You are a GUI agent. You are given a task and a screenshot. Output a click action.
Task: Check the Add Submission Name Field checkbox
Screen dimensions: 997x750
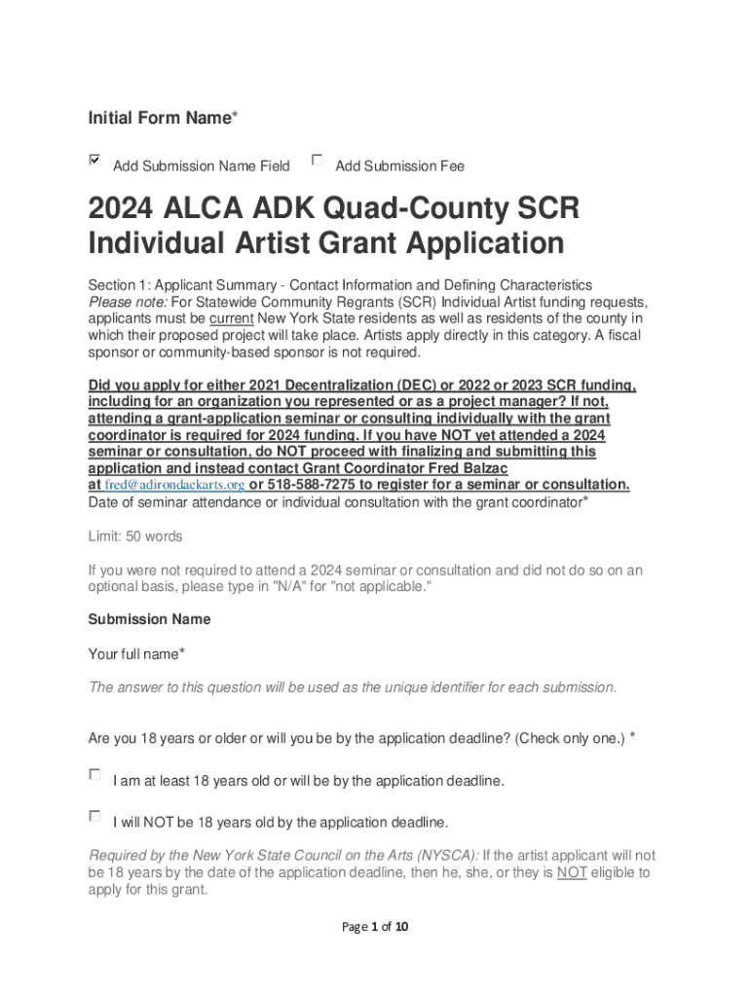[94, 160]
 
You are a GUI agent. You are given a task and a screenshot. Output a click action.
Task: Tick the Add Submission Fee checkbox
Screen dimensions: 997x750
[317, 160]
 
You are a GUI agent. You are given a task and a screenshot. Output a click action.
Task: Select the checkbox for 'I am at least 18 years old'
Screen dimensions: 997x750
[94, 775]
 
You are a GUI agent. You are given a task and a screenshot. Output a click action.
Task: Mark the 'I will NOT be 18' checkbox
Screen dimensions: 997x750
[94, 816]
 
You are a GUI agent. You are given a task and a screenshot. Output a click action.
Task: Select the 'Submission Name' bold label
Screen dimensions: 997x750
[149, 619]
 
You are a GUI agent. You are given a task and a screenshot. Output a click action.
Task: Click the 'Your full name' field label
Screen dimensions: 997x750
[136, 654]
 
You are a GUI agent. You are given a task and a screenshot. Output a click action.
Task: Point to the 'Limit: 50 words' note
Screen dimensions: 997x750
[135, 536]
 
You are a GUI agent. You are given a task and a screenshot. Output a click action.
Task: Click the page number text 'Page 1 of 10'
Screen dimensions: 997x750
[375, 927]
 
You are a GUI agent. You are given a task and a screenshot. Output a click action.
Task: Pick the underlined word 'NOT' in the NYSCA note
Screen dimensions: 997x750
[572, 873]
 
